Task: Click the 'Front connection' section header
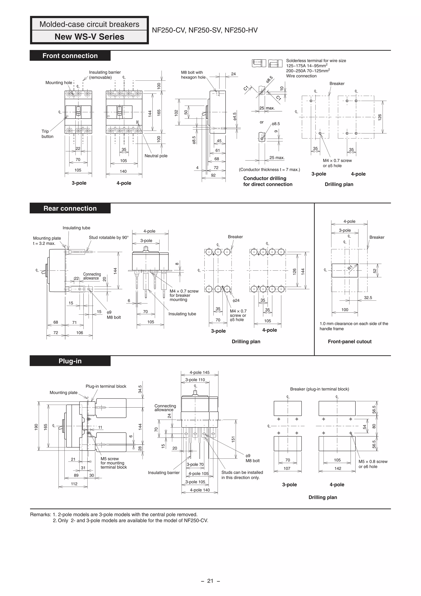coord(70,56)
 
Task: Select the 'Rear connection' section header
coord(70,208)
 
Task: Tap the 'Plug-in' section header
coord(70,361)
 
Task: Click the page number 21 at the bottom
coord(210,581)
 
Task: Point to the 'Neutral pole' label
coord(156,156)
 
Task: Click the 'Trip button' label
coord(47,134)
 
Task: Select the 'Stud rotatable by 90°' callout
coord(109,238)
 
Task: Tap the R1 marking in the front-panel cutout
coord(350,268)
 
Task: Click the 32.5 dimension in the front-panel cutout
coord(368,298)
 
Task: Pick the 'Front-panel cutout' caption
coord(349,342)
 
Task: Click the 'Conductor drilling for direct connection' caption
coord(268,181)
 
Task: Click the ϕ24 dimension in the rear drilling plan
coord(236,301)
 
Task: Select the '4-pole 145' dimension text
coord(199,373)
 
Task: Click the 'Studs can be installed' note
coord(242,475)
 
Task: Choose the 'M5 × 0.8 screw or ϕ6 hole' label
coord(373,464)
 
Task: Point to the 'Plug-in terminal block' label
coord(106,386)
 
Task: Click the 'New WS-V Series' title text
coord(89,37)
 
